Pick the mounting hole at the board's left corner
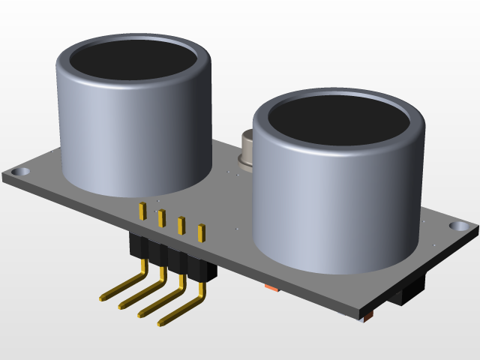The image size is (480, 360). [22, 172]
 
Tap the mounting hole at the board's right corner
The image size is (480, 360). [457, 226]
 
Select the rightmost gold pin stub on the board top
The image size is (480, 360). [200, 232]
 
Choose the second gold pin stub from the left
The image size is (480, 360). [161, 218]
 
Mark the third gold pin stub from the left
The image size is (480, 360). [181, 225]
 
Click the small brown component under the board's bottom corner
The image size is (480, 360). [367, 319]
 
